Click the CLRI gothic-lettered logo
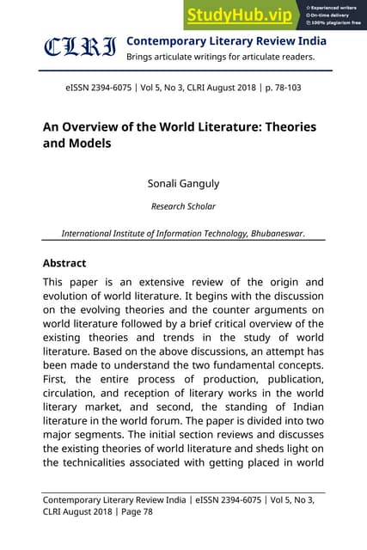point(80,48)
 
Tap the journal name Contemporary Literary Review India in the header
point(226,40)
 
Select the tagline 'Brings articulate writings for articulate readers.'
point(220,58)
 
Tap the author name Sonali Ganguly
point(183,182)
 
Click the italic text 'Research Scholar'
point(183,206)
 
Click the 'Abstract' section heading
point(64,263)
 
